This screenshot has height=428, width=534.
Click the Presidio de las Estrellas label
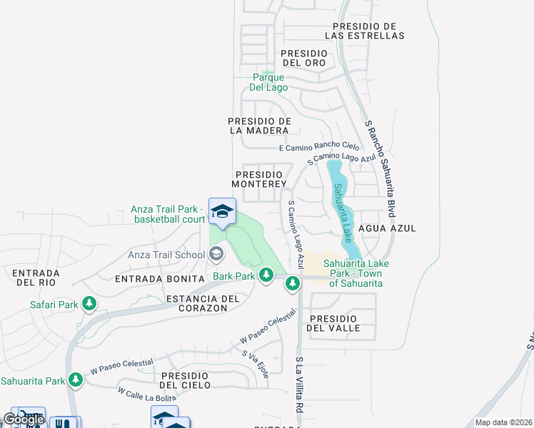[x=364, y=31]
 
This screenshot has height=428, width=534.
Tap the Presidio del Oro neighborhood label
[x=304, y=58]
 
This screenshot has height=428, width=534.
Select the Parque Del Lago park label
[x=268, y=82]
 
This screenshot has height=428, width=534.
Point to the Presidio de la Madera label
[x=259, y=126]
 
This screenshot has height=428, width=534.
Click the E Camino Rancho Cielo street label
[x=319, y=147]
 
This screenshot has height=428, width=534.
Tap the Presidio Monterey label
[x=260, y=178]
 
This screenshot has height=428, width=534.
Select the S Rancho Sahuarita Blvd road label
[x=380, y=168]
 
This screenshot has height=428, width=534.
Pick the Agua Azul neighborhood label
[x=388, y=228]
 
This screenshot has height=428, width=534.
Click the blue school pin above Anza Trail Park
[x=222, y=211]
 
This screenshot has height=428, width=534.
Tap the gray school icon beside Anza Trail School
[x=216, y=254]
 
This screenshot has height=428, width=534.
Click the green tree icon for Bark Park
[x=266, y=275]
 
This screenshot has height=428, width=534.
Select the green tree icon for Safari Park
[x=89, y=305]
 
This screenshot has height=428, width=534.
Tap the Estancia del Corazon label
[x=196, y=303]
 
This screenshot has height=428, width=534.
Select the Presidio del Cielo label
[x=185, y=380]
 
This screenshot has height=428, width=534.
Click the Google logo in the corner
[x=23, y=419]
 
